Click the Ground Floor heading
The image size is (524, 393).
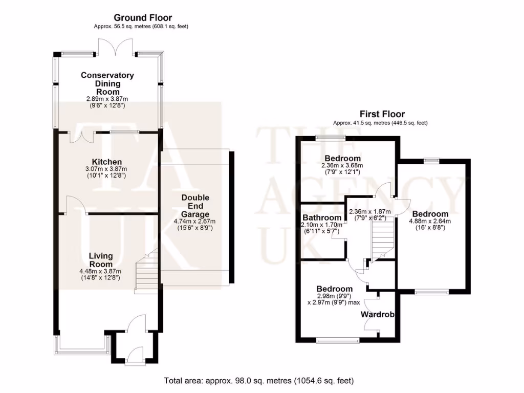[143, 18]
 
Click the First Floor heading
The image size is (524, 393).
[382, 114]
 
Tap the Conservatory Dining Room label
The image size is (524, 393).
[107, 83]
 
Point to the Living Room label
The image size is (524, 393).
[100, 260]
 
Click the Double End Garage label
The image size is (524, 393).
[195, 206]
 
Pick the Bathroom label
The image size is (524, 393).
[321, 217]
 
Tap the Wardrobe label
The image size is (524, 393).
[378, 315]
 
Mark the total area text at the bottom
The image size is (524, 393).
[258, 381]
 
